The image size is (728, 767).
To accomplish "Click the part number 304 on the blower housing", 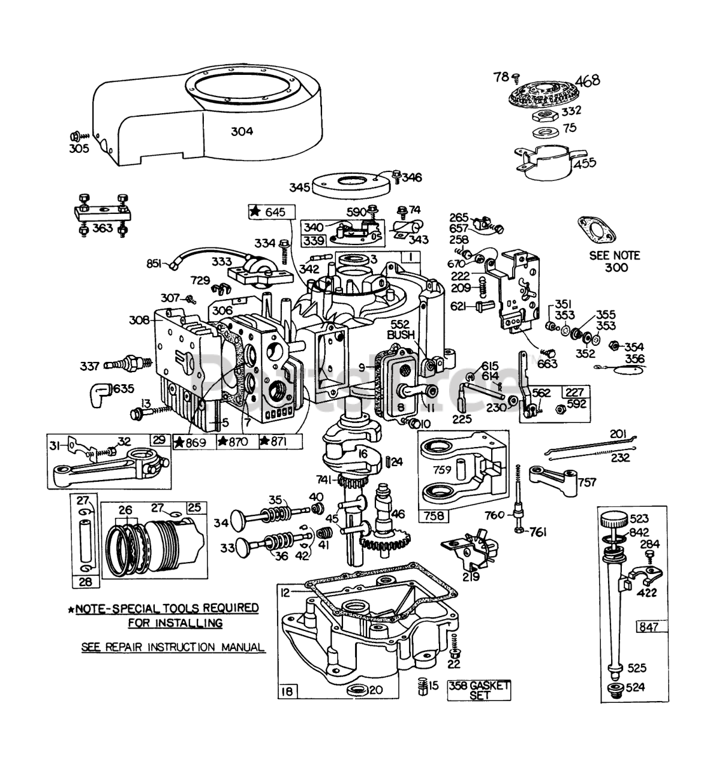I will coord(242,132).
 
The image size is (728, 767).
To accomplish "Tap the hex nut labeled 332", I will coord(546,114).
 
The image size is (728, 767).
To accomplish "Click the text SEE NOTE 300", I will coord(615,261).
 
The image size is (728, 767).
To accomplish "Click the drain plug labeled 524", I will coord(614,690).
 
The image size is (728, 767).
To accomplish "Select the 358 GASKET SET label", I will coord(479,690).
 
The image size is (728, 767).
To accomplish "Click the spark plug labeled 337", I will coord(124,363).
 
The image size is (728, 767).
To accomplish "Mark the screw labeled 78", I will coord(516,77).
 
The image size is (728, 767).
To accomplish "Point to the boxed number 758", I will coord(430,515).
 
